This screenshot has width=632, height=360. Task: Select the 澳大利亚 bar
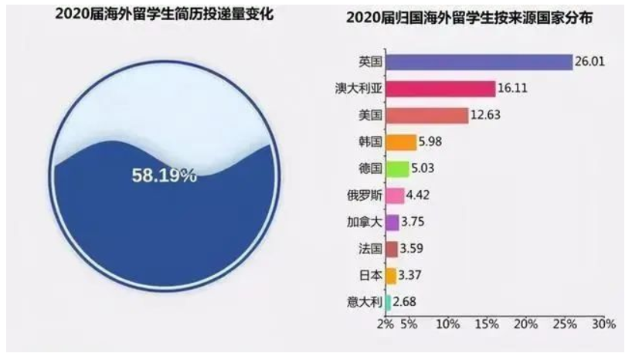(440, 89)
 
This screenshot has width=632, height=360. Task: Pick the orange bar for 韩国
(400, 143)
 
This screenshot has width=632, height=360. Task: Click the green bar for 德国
(396, 169)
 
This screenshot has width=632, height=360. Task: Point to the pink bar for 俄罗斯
(394, 196)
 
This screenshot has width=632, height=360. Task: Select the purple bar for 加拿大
(392, 222)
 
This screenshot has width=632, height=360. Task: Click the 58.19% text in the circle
(164, 175)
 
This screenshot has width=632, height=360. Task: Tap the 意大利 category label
(364, 302)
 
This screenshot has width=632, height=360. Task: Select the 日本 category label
(369, 276)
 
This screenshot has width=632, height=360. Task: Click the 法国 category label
(369, 249)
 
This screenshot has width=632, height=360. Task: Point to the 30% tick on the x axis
(603, 324)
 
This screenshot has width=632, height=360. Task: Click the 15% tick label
(487, 324)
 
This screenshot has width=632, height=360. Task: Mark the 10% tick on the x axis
(447, 324)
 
